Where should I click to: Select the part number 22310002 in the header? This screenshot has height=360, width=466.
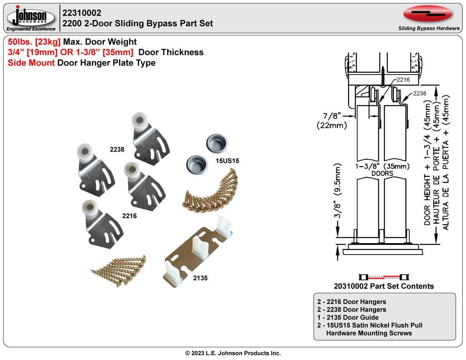coord(82,13)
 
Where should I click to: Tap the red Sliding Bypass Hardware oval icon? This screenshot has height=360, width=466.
coord(428,14)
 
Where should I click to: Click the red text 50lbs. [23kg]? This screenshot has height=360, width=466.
coord(34,42)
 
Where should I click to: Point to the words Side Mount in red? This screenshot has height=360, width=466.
coord(31,63)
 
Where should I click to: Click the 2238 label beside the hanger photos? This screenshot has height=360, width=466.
coord(117,150)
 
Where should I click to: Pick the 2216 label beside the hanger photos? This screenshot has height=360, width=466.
coord(129,216)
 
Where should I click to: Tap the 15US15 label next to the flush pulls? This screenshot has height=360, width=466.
coord(228,161)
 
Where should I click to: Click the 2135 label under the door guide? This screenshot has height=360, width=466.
coord(200,278)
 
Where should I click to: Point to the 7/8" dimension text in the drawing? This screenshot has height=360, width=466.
coord(332,116)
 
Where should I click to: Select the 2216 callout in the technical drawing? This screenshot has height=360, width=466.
coord(403,80)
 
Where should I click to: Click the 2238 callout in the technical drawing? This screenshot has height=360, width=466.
coord(419,93)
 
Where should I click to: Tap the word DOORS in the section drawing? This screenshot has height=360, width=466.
coord(382,174)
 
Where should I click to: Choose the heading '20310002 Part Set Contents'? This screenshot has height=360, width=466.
coord(384,286)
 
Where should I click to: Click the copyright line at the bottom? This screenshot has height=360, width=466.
coord(233,353)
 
